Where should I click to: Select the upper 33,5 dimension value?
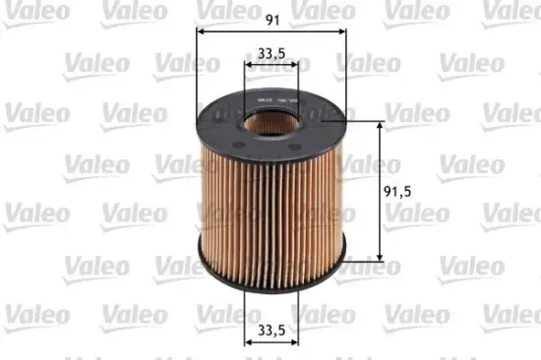pyautogui.click(x=271, y=53)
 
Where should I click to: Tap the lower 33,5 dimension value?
pyautogui.click(x=270, y=331)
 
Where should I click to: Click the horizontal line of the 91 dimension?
pyautogui.click(x=236, y=30)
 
